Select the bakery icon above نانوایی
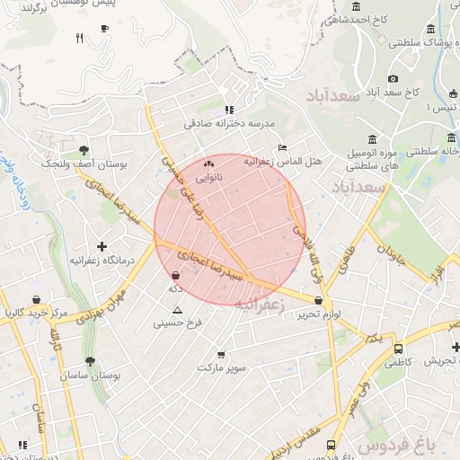point(209,164)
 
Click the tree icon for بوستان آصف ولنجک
point(84,151)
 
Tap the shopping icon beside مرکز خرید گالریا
point(35,299)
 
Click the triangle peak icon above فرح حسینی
point(177,310)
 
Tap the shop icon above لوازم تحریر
point(319,301)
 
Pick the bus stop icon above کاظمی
point(398,349)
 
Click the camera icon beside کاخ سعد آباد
point(393,79)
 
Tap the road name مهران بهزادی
point(90,306)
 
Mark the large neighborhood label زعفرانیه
point(259,305)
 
